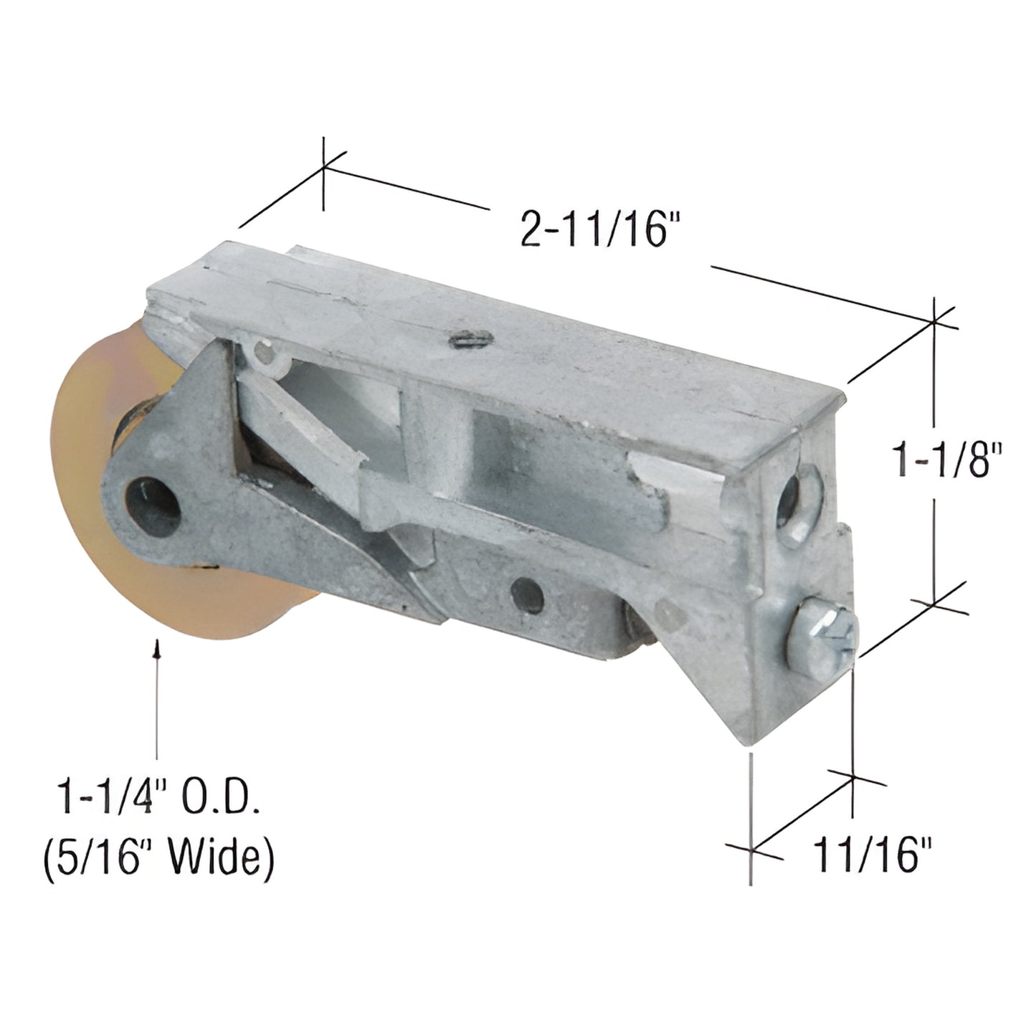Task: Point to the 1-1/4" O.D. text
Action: pos(158,797)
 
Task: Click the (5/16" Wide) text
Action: pos(158,857)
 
